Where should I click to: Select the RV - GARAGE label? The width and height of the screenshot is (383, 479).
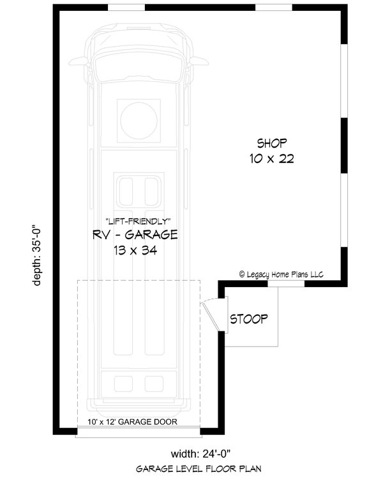tap(135, 235)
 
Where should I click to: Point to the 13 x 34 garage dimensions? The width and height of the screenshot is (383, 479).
tap(135, 251)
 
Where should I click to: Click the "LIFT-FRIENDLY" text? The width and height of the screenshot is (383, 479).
tap(135, 221)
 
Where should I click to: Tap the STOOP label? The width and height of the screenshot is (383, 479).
tap(249, 318)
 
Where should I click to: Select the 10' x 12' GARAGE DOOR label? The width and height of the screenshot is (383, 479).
tap(132, 422)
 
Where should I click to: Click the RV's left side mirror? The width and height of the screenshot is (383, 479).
tap(78, 61)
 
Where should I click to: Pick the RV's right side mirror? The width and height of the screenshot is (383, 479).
tap(200, 61)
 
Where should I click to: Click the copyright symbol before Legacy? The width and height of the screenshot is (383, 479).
tap(243, 274)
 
